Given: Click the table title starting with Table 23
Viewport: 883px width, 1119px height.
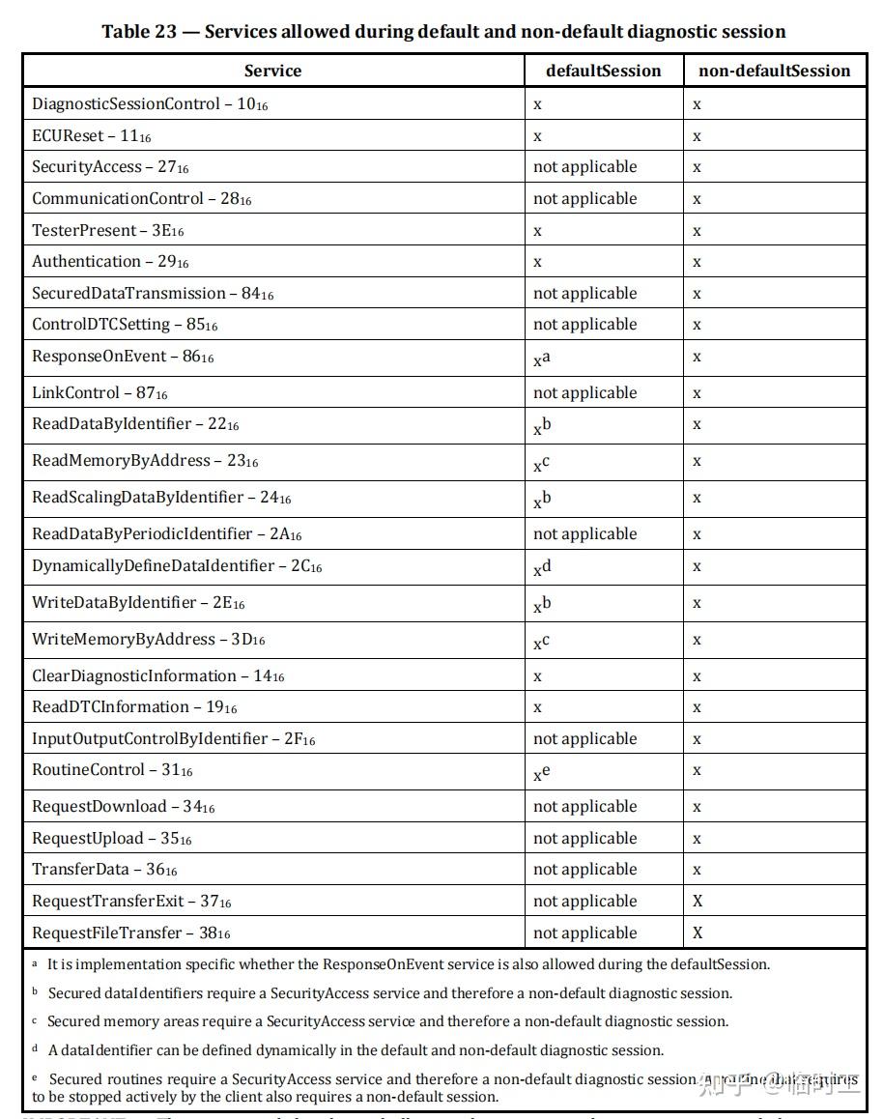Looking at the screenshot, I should [x=443, y=31].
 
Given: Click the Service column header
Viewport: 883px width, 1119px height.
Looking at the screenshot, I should [x=272, y=71].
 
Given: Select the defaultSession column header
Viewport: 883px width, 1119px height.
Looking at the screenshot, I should [x=603, y=71].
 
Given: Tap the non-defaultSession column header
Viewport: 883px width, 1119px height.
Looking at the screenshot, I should [x=774, y=71].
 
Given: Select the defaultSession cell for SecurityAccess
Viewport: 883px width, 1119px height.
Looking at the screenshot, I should [x=584, y=166].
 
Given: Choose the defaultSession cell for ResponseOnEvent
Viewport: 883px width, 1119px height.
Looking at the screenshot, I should [x=542, y=359].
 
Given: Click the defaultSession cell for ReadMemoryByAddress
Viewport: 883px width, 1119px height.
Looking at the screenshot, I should [x=541, y=464].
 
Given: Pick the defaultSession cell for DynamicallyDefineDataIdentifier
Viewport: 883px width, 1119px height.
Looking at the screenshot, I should [x=542, y=568].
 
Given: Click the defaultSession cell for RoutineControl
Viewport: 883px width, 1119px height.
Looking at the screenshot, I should [x=541, y=772].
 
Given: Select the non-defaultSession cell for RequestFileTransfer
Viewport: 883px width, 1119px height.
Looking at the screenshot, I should [x=698, y=932].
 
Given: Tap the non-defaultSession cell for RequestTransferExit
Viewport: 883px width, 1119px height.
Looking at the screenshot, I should [x=698, y=901].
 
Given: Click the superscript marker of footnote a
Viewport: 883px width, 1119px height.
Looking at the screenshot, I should [x=35, y=964].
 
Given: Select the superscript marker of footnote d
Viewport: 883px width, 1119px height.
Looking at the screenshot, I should [x=35, y=1049].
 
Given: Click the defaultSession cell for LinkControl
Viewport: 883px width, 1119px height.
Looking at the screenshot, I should [x=584, y=392].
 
